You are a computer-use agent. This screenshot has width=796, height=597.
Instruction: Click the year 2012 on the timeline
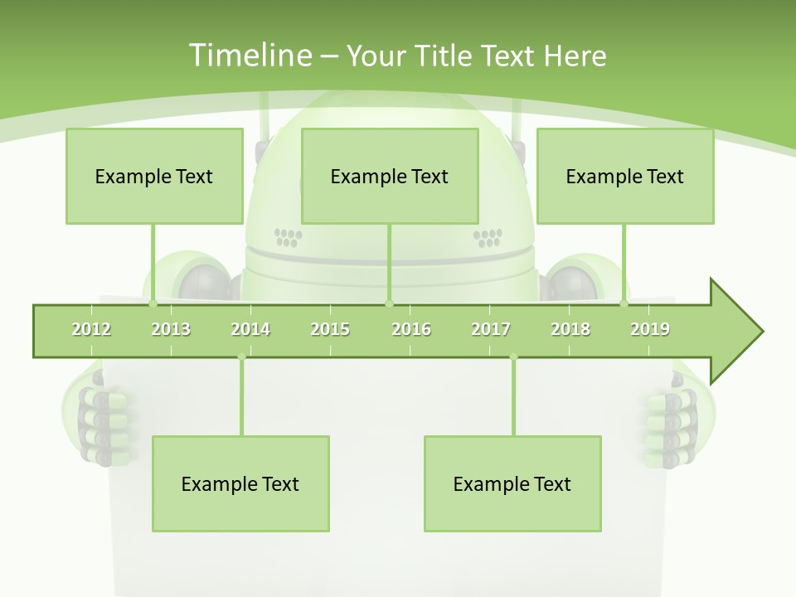(x=91, y=329)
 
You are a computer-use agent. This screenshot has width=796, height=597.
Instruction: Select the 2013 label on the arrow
(x=171, y=329)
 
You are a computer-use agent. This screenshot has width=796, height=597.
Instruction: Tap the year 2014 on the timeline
(x=250, y=329)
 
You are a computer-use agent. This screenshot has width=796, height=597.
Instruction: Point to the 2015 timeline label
(x=330, y=329)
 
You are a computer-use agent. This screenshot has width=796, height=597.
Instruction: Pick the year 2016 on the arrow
(x=411, y=329)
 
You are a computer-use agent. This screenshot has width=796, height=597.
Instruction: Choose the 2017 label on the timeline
(x=491, y=329)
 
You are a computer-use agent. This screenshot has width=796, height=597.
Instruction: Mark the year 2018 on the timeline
(x=570, y=329)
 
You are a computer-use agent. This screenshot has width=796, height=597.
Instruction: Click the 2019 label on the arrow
(x=650, y=329)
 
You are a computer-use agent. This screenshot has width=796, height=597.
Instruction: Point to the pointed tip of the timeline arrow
(x=760, y=332)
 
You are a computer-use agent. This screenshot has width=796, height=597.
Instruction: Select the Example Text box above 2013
(x=154, y=176)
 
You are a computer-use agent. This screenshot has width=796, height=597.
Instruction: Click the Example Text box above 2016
(x=390, y=176)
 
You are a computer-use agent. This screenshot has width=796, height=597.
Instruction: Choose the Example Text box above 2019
(x=625, y=176)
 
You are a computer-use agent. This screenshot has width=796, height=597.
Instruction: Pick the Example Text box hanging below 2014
(x=240, y=483)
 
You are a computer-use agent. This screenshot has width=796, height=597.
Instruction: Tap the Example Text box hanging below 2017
(x=512, y=483)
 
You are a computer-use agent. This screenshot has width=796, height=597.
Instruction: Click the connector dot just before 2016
(x=389, y=304)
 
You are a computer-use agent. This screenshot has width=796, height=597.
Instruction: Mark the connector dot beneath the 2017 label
(x=513, y=357)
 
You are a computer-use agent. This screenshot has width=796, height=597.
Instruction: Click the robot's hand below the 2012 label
(x=98, y=419)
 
